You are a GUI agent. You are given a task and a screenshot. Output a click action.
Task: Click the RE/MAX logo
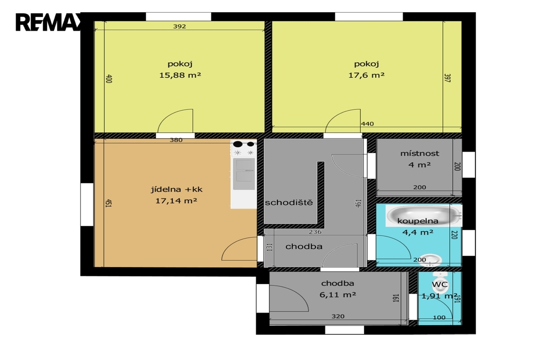click(48, 22)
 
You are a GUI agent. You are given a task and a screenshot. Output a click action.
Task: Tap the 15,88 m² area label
click(180, 75)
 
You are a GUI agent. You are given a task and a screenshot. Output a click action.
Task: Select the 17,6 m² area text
click(366, 75)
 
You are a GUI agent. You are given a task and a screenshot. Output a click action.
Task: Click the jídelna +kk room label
click(176, 190)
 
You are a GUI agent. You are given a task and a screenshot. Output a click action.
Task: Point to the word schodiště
click(289, 202)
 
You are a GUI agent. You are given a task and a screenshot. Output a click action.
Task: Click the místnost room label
click(419, 153)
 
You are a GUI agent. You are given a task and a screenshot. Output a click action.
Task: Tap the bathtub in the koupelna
click(423, 215)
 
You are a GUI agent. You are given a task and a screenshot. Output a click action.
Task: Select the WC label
click(440, 285)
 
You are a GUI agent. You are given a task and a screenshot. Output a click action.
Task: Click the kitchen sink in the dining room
click(244, 174)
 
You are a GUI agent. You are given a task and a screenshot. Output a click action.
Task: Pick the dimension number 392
click(180, 26)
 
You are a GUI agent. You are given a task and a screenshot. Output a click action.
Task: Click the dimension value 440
click(367, 124)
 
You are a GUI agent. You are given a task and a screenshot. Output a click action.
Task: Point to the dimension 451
click(108, 203)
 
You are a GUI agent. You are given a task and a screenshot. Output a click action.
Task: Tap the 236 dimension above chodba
click(315, 232)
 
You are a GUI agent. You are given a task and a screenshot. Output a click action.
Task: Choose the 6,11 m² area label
click(338, 295)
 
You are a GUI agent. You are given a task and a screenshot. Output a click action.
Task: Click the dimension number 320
click(338, 316)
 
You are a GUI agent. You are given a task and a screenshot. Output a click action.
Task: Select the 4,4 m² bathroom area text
click(418, 232)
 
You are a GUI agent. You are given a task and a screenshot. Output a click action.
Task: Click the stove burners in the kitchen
click(244, 148)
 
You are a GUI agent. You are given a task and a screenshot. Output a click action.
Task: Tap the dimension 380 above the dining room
click(176, 140)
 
